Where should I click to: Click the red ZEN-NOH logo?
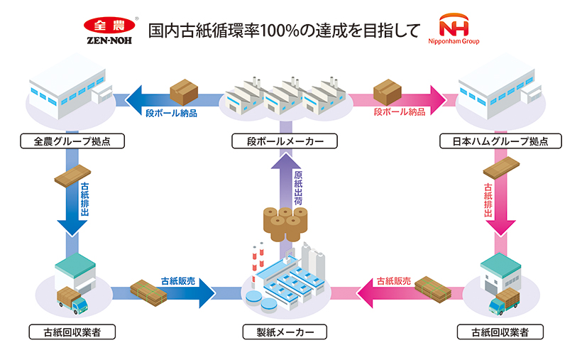tap(105, 30)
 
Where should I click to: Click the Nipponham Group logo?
tap(459, 30)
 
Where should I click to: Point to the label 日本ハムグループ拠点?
tap(501, 141)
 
